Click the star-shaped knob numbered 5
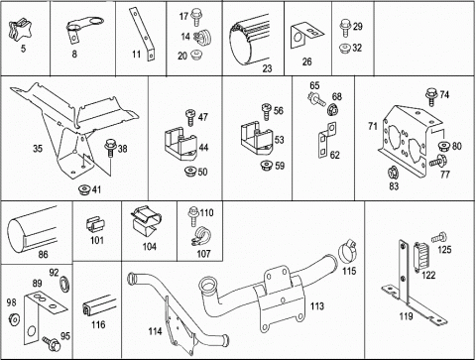coord(17,30)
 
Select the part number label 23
coord(267,68)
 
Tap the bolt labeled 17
coord(195,18)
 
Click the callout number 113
coord(317,306)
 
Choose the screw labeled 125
coord(439,237)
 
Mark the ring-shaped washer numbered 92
coord(64,285)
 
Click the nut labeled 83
coord(393,173)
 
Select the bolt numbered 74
coord(431,97)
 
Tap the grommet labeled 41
coord(84,189)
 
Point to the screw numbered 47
coord(191,118)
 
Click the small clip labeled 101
coord(95,225)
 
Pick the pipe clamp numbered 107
coord(199,237)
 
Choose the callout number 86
coord(43,254)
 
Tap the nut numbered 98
coord(14,319)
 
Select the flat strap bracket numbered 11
coord(142,35)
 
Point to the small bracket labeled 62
coord(327,140)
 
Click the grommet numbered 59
coord(266,166)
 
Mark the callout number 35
coord(38,149)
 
